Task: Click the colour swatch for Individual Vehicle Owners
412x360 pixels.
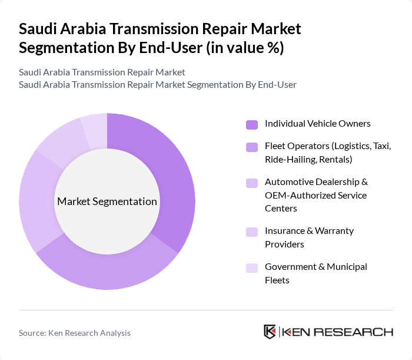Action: [252, 124]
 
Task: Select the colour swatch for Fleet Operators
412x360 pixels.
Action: [252, 147]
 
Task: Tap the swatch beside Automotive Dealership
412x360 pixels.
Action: [252, 183]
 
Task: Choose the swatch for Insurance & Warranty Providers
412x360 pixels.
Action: [252, 232]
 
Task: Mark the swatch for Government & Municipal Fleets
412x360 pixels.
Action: [252, 267]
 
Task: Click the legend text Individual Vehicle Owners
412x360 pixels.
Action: [317, 124]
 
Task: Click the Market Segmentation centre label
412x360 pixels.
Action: [107, 202]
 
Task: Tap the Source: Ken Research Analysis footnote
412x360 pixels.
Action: [75, 333]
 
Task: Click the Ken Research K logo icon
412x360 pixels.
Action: [270, 332]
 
